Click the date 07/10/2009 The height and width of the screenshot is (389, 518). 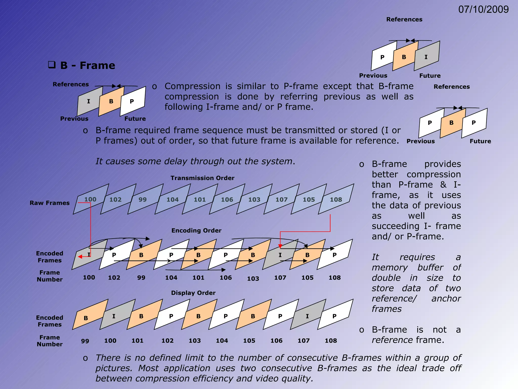click(x=483, y=10)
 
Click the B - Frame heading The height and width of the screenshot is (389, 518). click(x=88, y=66)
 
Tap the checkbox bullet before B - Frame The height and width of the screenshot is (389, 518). click(x=52, y=65)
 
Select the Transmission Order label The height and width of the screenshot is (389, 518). click(x=202, y=178)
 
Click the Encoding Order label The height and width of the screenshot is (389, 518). click(x=196, y=230)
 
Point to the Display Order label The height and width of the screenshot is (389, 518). click(x=193, y=293)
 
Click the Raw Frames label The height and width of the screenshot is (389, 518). click(x=50, y=203)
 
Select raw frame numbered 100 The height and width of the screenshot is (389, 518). click(x=90, y=199)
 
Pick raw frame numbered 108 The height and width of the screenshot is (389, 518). click(x=336, y=199)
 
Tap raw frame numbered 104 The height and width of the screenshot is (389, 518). click(x=172, y=199)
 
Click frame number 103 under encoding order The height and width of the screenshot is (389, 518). click(x=253, y=279)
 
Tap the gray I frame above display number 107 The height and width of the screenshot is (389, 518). click(x=307, y=316)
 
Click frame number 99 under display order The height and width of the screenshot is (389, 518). click(x=85, y=341)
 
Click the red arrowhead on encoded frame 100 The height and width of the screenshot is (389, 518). click(x=80, y=257)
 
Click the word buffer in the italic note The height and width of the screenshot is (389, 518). click(x=430, y=267)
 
